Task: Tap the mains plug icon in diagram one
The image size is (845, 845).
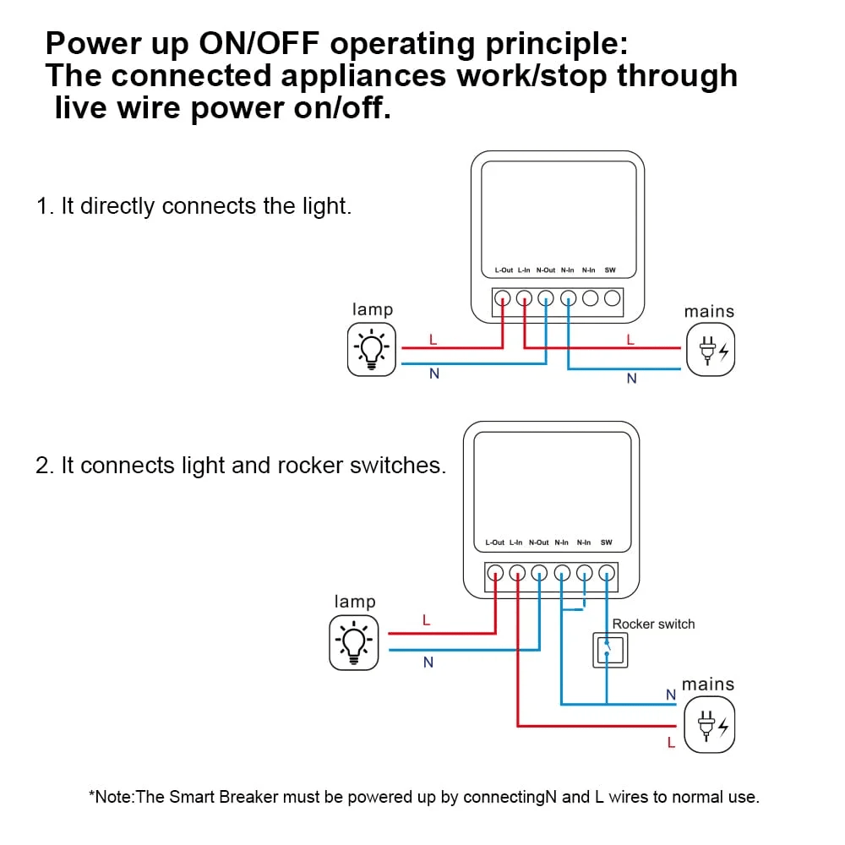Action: [711, 351]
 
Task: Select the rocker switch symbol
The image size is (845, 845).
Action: [608, 649]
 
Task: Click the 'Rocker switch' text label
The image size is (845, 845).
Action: [653, 624]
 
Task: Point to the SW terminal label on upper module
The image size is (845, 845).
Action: [610, 270]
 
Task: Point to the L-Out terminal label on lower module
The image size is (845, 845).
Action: [494, 542]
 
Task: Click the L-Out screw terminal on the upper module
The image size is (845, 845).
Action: [503, 298]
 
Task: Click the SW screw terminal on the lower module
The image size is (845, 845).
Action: [607, 573]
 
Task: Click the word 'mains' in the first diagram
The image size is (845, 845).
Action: [709, 312]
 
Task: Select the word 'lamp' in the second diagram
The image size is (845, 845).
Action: [355, 602]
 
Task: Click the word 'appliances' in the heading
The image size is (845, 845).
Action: [363, 76]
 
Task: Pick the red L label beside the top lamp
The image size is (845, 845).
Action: [433, 340]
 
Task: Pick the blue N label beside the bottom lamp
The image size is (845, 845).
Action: [428, 662]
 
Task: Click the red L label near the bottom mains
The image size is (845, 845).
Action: [671, 744]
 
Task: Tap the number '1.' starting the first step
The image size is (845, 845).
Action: [45, 206]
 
